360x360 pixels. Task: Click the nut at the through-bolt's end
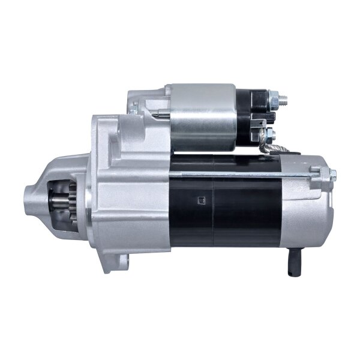pyautogui.click(x=332, y=174)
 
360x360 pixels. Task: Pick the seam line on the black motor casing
pyautogui.click(x=214, y=204)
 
